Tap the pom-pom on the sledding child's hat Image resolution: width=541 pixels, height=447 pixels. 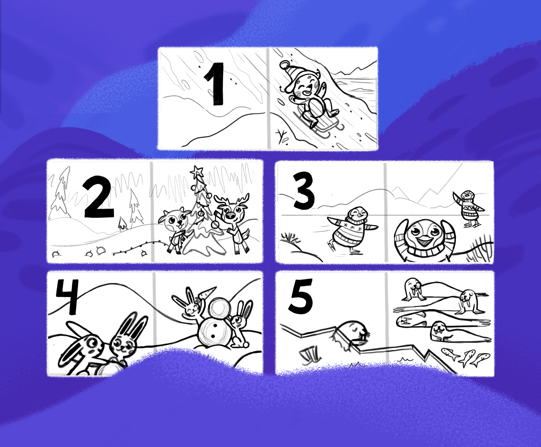coord(284,65)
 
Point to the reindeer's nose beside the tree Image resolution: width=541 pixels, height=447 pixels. coord(230,215)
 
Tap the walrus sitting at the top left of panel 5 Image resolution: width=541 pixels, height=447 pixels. coord(413,290)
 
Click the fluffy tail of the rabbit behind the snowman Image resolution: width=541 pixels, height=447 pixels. coord(246,345)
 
